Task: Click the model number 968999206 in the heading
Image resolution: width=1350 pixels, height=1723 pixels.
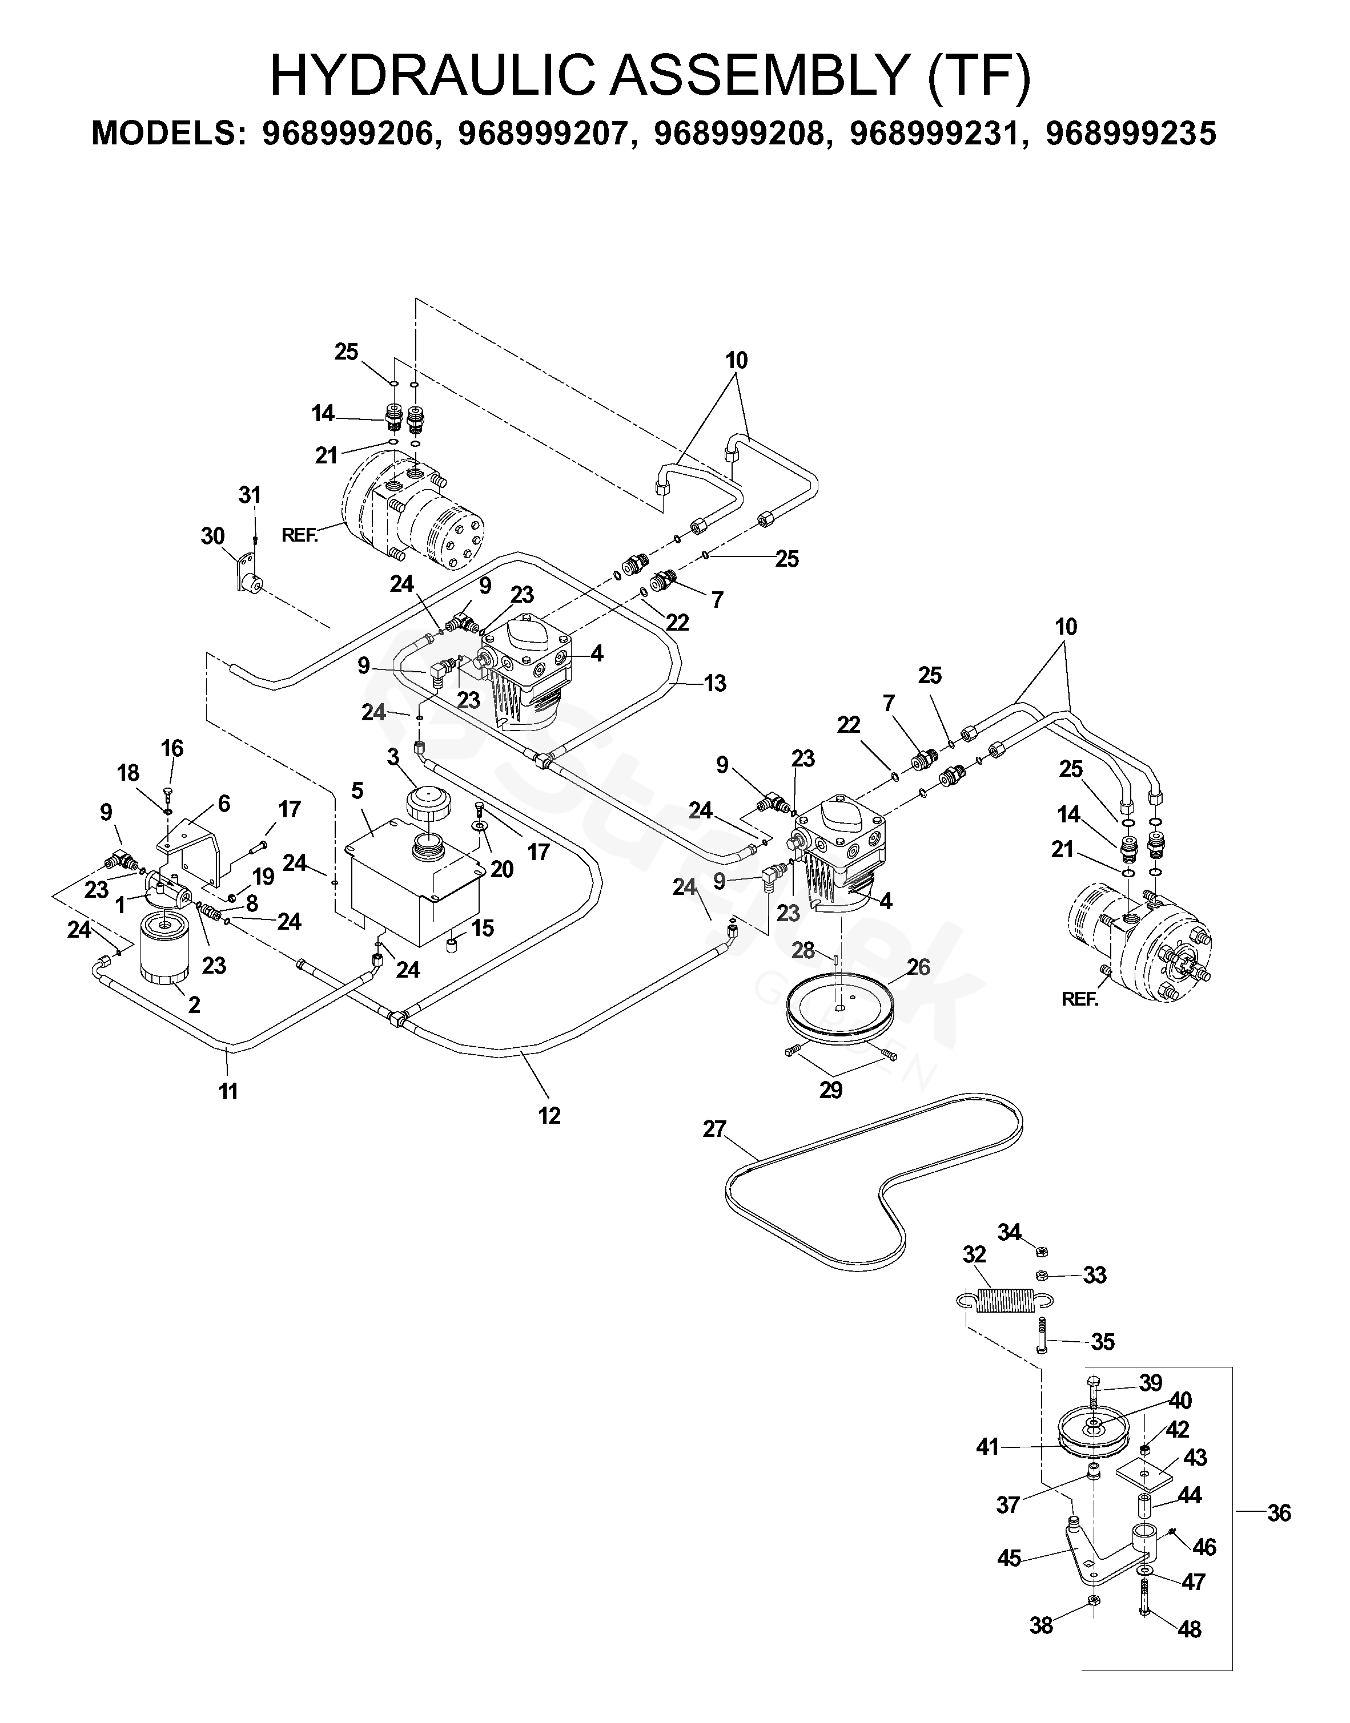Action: click(348, 134)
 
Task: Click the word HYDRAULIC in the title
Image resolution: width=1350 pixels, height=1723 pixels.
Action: click(432, 76)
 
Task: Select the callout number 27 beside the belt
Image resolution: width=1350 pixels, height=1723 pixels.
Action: click(714, 1129)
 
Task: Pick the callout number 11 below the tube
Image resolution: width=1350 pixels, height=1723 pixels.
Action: click(228, 1091)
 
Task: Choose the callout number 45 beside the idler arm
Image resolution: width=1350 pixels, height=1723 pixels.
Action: click(1009, 1558)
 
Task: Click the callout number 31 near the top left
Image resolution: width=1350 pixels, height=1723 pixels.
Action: click(250, 495)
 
